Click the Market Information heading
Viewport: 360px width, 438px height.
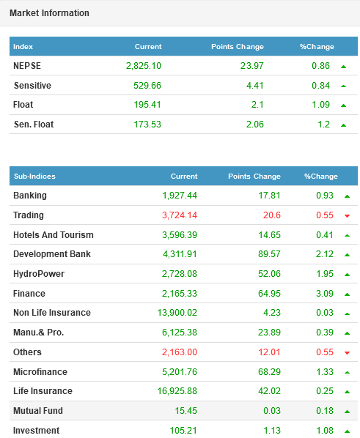(x=49, y=13)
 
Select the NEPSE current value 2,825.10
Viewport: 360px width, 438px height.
(x=144, y=66)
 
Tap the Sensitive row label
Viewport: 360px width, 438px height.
(x=32, y=85)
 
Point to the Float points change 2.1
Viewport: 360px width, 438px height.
(x=257, y=105)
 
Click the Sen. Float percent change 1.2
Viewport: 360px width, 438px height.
(x=323, y=124)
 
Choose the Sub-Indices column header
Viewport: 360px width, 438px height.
(x=34, y=177)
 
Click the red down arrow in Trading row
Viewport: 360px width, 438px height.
(x=347, y=215)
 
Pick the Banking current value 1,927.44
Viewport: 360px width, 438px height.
(x=180, y=196)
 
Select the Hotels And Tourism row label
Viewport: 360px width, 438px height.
(x=54, y=235)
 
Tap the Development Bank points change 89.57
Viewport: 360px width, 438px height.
(x=269, y=254)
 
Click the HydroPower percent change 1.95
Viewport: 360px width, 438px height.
(x=325, y=273)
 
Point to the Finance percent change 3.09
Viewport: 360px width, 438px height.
(x=325, y=293)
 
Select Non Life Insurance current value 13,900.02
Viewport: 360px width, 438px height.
(x=177, y=312)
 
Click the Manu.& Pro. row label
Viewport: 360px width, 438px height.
(x=39, y=332)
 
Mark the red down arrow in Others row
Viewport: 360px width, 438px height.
(x=347, y=353)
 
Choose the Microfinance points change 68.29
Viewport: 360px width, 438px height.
(x=269, y=372)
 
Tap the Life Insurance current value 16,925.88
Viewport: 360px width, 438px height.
(x=177, y=391)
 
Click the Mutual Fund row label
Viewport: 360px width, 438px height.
(x=38, y=411)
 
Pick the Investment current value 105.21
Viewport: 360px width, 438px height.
(x=183, y=430)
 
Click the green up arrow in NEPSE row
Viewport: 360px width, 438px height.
(x=343, y=67)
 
